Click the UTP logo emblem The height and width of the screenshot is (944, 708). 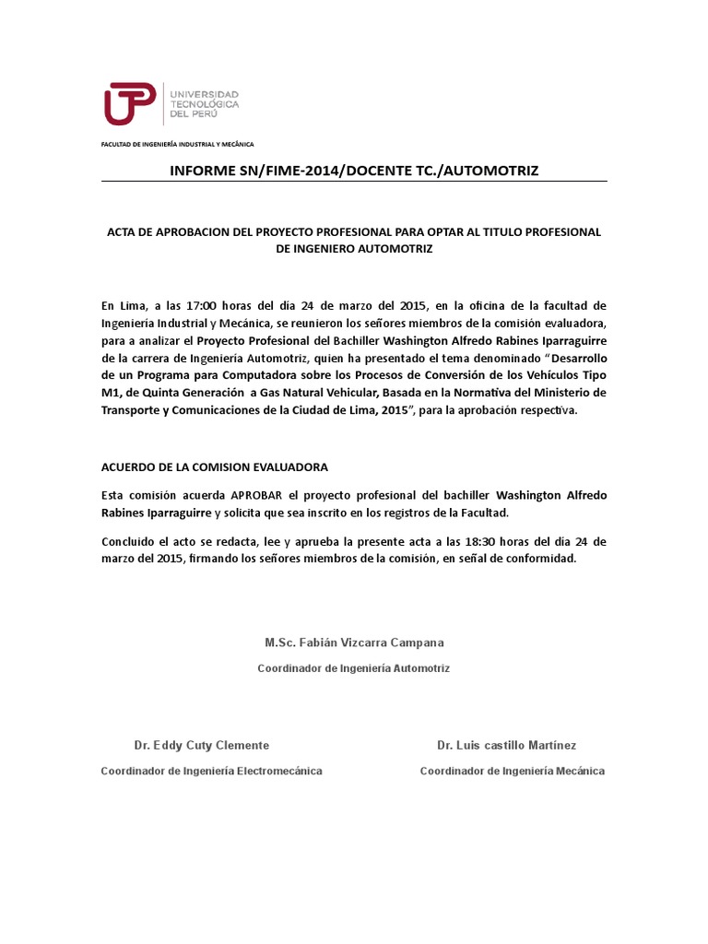tap(130, 103)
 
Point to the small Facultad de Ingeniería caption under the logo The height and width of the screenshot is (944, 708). tap(177, 145)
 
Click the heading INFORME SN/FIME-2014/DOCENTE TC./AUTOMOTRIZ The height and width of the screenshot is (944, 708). tap(354, 171)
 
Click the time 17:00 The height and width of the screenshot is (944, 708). tap(204, 305)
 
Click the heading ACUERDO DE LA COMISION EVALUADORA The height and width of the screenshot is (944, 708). tap(214, 467)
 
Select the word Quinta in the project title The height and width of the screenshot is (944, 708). tap(172, 393)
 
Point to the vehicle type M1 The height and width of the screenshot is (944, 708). tap(110, 393)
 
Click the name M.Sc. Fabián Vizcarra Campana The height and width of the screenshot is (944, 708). tap(354, 643)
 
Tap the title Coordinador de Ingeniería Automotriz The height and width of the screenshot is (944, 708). tap(354, 667)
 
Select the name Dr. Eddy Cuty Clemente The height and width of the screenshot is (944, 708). tap(202, 745)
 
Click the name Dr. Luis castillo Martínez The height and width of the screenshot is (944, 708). tap(506, 745)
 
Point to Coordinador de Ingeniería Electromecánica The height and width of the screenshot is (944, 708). tap(211, 771)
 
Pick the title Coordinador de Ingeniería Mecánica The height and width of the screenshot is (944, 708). tap(513, 771)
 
